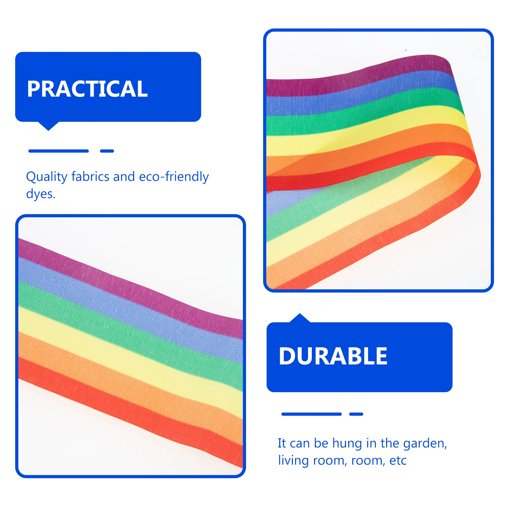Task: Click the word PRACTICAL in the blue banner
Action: click(87, 89)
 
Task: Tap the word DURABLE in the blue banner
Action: click(333, 356)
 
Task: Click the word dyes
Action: click(41, 194)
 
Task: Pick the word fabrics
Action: click(90, 176)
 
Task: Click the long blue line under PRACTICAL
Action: click(59, 151)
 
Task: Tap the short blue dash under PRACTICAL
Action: click(107, 151)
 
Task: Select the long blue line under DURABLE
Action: click(312, 414)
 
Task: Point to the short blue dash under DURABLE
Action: click(356, 414)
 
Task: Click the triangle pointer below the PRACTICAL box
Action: click(48, 126)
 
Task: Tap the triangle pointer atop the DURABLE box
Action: click(300, 318)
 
